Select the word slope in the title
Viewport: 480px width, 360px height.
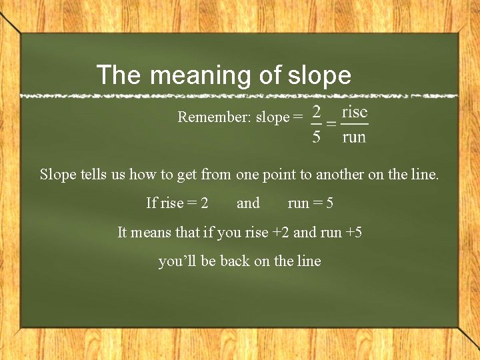[x=319, y=75]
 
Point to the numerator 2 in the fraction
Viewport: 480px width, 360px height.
[x=317, y=111]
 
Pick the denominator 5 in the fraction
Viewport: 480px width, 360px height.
[x=317, y=137]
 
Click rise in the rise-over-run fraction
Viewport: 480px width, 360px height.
[x=355, y=111]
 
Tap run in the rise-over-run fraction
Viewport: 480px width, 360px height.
[x=354, y=137]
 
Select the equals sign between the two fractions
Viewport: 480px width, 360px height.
[x=331, y=124]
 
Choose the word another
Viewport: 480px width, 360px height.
[x=341, y=175]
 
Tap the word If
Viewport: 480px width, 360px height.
[x=151, y=203]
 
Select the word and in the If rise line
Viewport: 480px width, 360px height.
[x=248, y=203]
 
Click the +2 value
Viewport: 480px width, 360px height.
[x=281, y=232]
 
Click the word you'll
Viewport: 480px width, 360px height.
[x=178, y=261]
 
